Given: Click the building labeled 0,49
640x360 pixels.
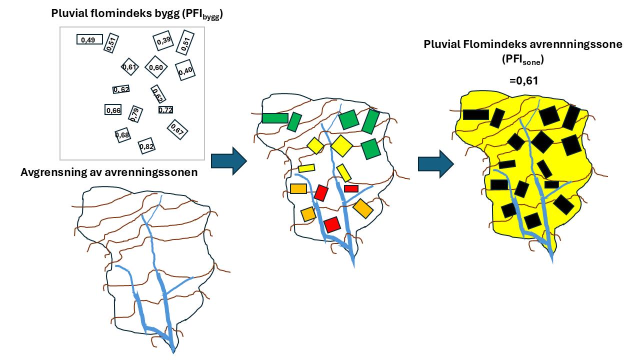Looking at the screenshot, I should click(x=89, y=39).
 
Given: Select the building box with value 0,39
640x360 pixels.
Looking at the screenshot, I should click(x=163, y=41).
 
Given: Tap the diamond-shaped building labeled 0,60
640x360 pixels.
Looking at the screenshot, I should click(x=156, y=67).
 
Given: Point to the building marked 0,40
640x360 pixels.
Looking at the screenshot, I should click(x=185, y=70).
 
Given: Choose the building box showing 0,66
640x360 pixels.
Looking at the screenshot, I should click(x=113, y=110).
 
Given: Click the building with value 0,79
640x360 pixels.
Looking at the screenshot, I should click(x=134, y=114).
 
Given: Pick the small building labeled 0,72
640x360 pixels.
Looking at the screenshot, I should click(x=165, y=109).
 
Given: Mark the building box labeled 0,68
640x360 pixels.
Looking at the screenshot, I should click(x=122, y=135).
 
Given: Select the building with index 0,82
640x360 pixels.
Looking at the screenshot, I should click(x=146, y=146).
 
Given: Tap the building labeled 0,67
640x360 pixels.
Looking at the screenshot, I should click(x=177, y=129).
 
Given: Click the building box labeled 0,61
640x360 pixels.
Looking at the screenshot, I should click(x=129, y=67).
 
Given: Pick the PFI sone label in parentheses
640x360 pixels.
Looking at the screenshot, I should click(x=523, y=59).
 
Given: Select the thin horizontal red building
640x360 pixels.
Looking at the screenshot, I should click(x=351, y=188).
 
